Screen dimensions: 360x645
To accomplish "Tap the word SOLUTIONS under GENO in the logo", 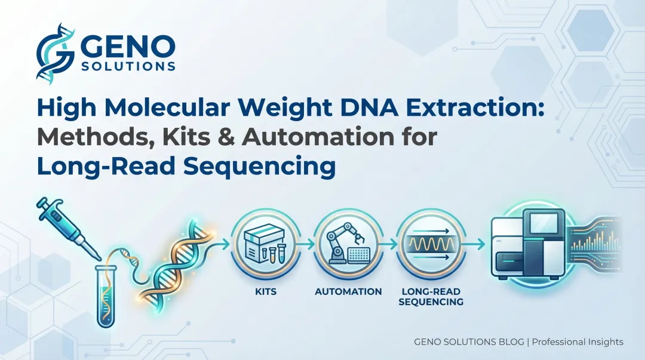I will point(128,66).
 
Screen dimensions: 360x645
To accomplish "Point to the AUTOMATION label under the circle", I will point(348,292).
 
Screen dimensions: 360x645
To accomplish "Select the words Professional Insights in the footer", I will point(577,342).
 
